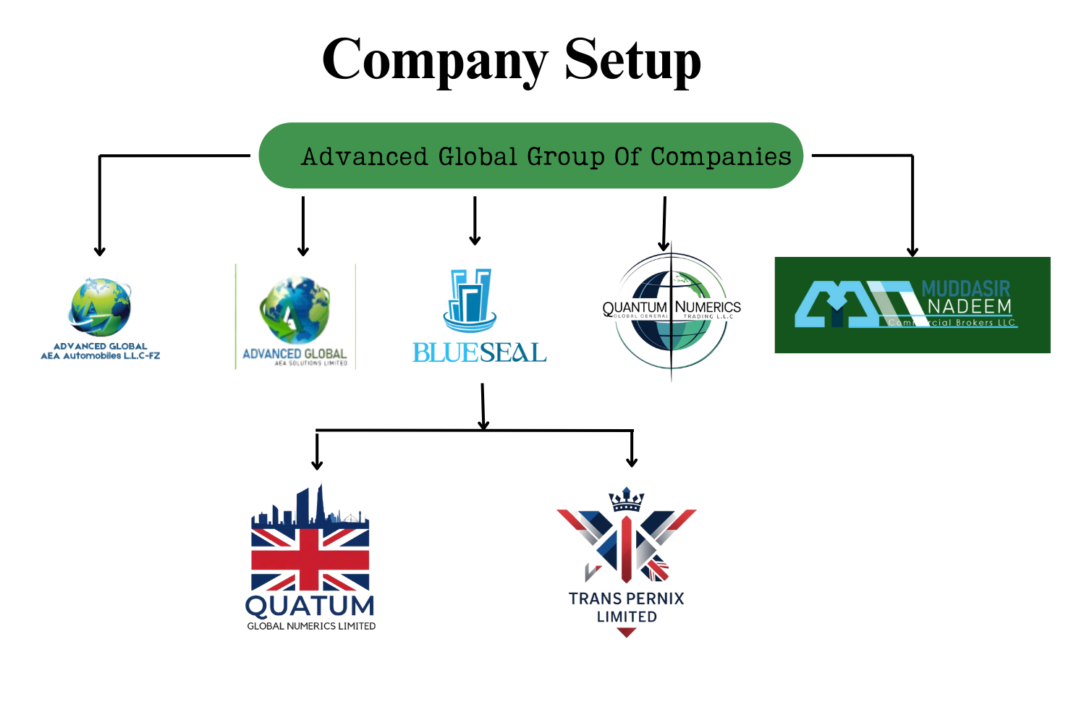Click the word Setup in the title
[x=632, y=59]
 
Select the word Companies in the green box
[x=721, y=156]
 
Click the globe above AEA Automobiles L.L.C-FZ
[x=101, y=307]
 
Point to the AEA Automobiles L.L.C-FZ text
[x=101, y=355]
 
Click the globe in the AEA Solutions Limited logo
[x=295, y=310]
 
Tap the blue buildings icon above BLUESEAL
[x=470, y=298]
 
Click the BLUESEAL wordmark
[x=479, y=352]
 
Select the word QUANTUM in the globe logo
[x=635, y=307]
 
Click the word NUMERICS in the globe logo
[x=708, y=307]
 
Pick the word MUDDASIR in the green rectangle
[x=966, y=289]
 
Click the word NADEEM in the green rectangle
[x=970, y=307]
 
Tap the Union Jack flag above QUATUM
[x=310, y=559]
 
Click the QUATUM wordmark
[x=310, y=606]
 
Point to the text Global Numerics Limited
[x=311, y=626]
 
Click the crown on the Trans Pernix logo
[x=626, y=499]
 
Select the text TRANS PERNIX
[x=626, y=599]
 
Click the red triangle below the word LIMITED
[x=627, y=633]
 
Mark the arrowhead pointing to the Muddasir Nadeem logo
[x=912, y=250]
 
